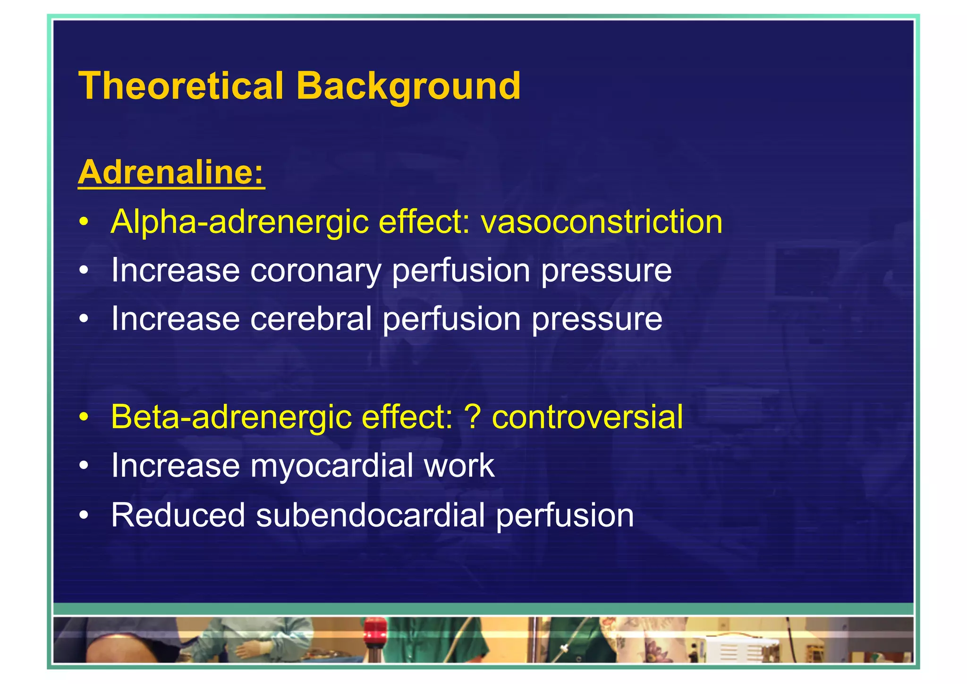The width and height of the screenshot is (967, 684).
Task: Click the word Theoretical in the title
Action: [181, 86]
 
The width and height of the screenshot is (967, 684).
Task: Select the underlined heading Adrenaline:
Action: [171, 172]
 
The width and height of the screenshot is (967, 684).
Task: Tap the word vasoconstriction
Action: [602, 222]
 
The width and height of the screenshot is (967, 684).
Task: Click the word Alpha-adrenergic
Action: [239, 222]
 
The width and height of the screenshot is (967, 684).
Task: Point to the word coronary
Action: [315, 271]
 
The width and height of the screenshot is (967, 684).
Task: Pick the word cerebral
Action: [311, 319]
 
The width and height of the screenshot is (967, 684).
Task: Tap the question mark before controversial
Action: [473, 417]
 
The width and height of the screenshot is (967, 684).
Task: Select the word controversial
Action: [587, 417]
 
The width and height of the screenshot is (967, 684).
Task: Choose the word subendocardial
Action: [370, 515]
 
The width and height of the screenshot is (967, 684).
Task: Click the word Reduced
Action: [178, 515]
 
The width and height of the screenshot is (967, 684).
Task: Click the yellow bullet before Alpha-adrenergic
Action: [84, 222]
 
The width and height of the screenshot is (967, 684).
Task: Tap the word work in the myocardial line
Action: [459, 466]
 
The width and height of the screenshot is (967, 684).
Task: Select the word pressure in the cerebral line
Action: [597, 319]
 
